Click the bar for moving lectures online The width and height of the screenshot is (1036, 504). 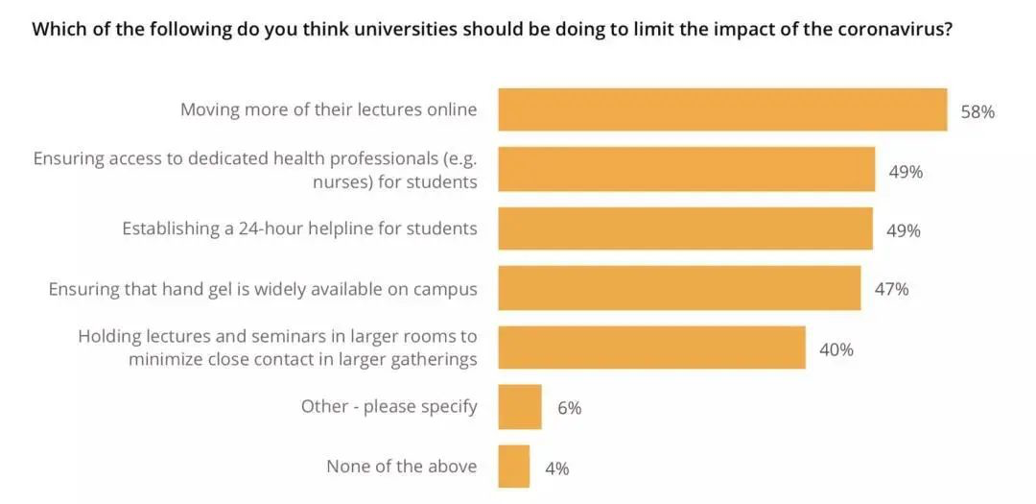pos(722,109)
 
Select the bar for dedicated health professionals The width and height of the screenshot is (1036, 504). pos(686,170)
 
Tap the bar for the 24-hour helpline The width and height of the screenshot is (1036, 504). pos(685,228)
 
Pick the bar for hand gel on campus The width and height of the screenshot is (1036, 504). pos(679,288)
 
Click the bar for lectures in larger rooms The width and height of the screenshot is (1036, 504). pos(651,348)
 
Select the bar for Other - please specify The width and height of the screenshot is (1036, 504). pos(520,407)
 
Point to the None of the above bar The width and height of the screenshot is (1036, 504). pos(513,467)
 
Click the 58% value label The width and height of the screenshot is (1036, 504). pos(977,111)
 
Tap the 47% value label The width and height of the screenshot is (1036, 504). pos(891,289)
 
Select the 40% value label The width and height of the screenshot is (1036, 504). pos(836,349)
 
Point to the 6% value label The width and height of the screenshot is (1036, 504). pos(569,408)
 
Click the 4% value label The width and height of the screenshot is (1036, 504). pos(556,468)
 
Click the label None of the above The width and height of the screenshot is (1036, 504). pos(401,467)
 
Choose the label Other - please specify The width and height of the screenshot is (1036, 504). pos(388,407)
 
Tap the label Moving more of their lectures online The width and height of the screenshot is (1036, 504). pos(328,109)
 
